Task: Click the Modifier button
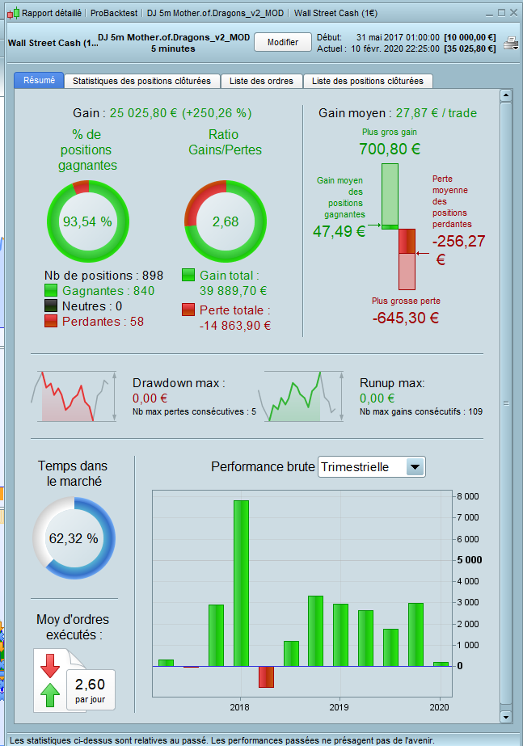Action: [283, 42]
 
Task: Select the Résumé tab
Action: [39, 81]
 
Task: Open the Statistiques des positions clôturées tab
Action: [141, 81]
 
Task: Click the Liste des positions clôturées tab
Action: [367, 81]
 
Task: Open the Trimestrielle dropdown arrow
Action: [415, 466]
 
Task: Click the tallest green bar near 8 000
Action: [241, 582]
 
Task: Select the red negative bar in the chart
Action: [266, 676]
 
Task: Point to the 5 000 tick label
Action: [469, 560]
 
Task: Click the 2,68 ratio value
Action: [226, 221]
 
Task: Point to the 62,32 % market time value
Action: [74, 538]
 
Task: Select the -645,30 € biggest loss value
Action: [406, 318]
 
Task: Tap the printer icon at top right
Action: [511, 44]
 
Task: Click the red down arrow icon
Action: [50, 665]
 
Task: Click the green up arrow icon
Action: [50, 693]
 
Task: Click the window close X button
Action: [513, 13]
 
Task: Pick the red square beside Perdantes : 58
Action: [52, 322]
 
